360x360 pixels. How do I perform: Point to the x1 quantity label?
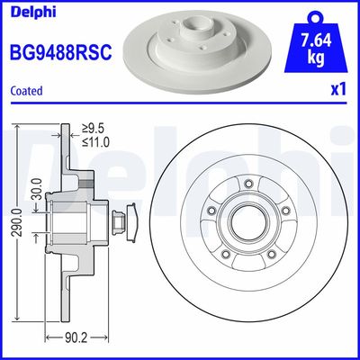(x=339, y=91)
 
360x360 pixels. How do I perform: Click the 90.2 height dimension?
(x=85, y=340)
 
